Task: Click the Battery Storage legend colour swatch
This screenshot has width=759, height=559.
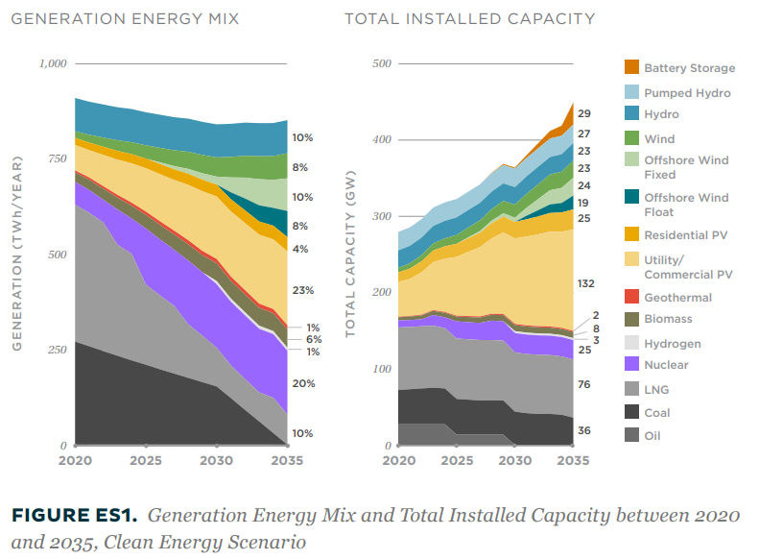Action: coord(630,68)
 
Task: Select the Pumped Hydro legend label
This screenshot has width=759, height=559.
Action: coord(687,93)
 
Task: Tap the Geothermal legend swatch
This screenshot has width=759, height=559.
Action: coord(630,297)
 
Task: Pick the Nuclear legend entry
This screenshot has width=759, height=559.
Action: coord(666,365)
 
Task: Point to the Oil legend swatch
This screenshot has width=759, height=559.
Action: coord(630,435)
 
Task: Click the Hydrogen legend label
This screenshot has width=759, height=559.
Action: coord(672,344)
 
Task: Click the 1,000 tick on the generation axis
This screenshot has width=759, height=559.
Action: coord(52,64)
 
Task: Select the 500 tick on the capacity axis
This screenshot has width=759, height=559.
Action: coord(382,64)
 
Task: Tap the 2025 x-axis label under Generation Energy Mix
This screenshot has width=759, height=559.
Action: coord(146,461)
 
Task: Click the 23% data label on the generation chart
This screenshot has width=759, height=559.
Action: coord(302,291)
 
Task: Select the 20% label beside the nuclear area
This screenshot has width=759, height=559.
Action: coord(302,383)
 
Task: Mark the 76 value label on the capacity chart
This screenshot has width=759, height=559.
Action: coord(584,385)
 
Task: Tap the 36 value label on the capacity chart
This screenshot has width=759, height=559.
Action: coord(584,431)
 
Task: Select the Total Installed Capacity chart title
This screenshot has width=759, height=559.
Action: coord(469,18)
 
